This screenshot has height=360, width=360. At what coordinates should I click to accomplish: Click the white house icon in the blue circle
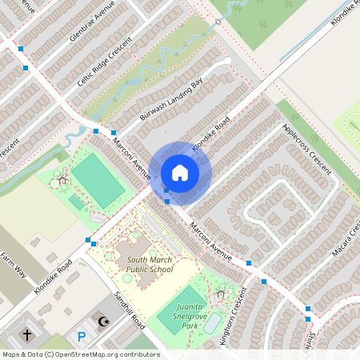180,172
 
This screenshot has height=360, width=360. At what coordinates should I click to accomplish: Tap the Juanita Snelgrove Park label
190,321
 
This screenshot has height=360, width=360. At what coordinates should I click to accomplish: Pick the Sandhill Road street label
127,312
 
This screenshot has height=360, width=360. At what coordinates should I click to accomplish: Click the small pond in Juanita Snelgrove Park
211,326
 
